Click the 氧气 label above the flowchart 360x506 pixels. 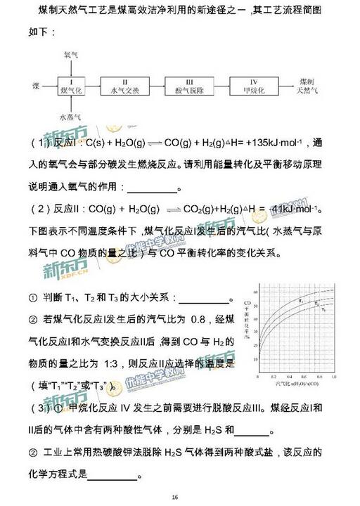point(71,54)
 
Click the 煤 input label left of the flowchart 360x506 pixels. point(35,85)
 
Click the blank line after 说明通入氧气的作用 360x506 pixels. point(154,188)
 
